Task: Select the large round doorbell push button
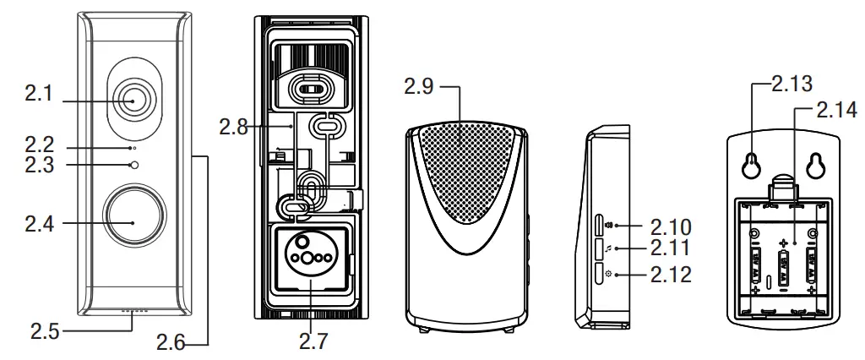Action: pos(133,221)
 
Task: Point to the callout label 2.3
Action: pos(39,166)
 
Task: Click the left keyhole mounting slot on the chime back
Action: pos(749,166)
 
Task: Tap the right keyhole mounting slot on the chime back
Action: pos(816,166)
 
